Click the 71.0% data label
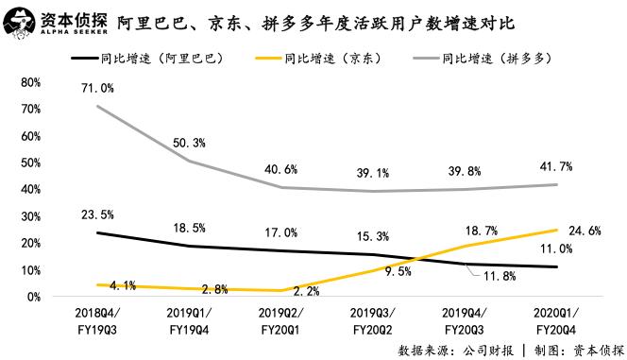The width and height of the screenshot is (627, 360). point(98,89)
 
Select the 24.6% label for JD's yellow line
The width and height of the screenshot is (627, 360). point(584,230)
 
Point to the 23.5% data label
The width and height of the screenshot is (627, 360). point(98,214)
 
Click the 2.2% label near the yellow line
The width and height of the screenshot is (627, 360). point(281,292)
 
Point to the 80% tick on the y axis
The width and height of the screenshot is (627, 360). point(29,82)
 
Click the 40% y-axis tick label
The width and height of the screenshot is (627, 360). point(29,189)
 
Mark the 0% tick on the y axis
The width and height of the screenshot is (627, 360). point(32,297)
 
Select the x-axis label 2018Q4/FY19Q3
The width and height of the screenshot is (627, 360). point(98,320)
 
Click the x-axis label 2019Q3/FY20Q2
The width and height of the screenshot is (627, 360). point(372,320)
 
